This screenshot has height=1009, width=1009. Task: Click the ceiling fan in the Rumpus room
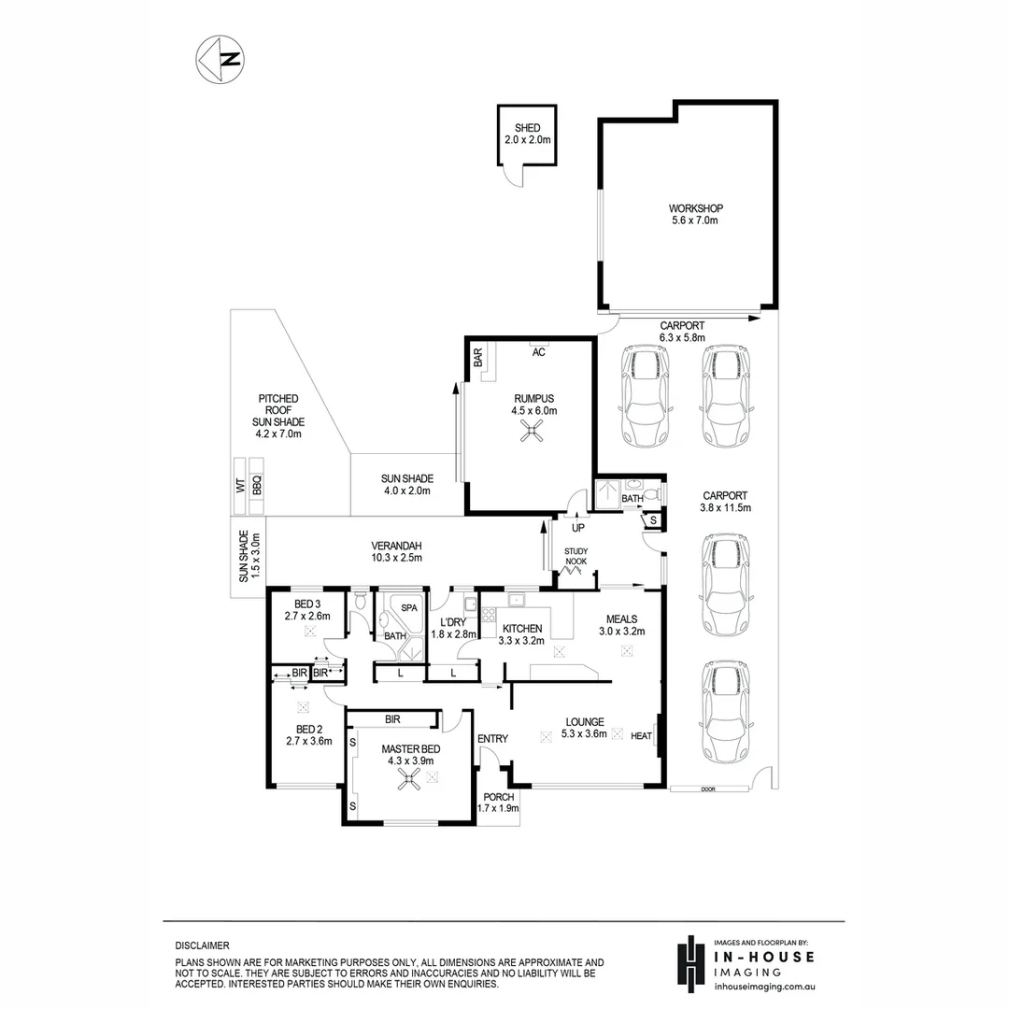tap(533, 431)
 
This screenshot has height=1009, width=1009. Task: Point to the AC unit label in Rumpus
tap(538, 352)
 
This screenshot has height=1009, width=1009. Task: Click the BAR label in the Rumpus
tap(477, 358)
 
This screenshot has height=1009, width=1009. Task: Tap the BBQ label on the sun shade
tap(257, 485)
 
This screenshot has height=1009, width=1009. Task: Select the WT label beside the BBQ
tap(239, 485)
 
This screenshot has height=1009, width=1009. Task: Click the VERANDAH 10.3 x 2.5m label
tap(396, 551)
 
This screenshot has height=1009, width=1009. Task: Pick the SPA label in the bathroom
tap(409, 607)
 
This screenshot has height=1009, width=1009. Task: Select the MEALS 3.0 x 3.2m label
tap(621, 624)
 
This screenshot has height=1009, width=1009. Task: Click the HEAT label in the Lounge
tap(641, 736)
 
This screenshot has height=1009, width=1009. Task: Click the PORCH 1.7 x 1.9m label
tap(499, 803)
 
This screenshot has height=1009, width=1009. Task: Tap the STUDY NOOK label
tap(576, 557)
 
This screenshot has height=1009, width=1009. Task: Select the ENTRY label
tap(492, 739)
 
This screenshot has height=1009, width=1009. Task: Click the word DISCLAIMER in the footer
tap(202, 945)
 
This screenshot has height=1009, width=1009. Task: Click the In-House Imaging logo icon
tap(690, 962)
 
